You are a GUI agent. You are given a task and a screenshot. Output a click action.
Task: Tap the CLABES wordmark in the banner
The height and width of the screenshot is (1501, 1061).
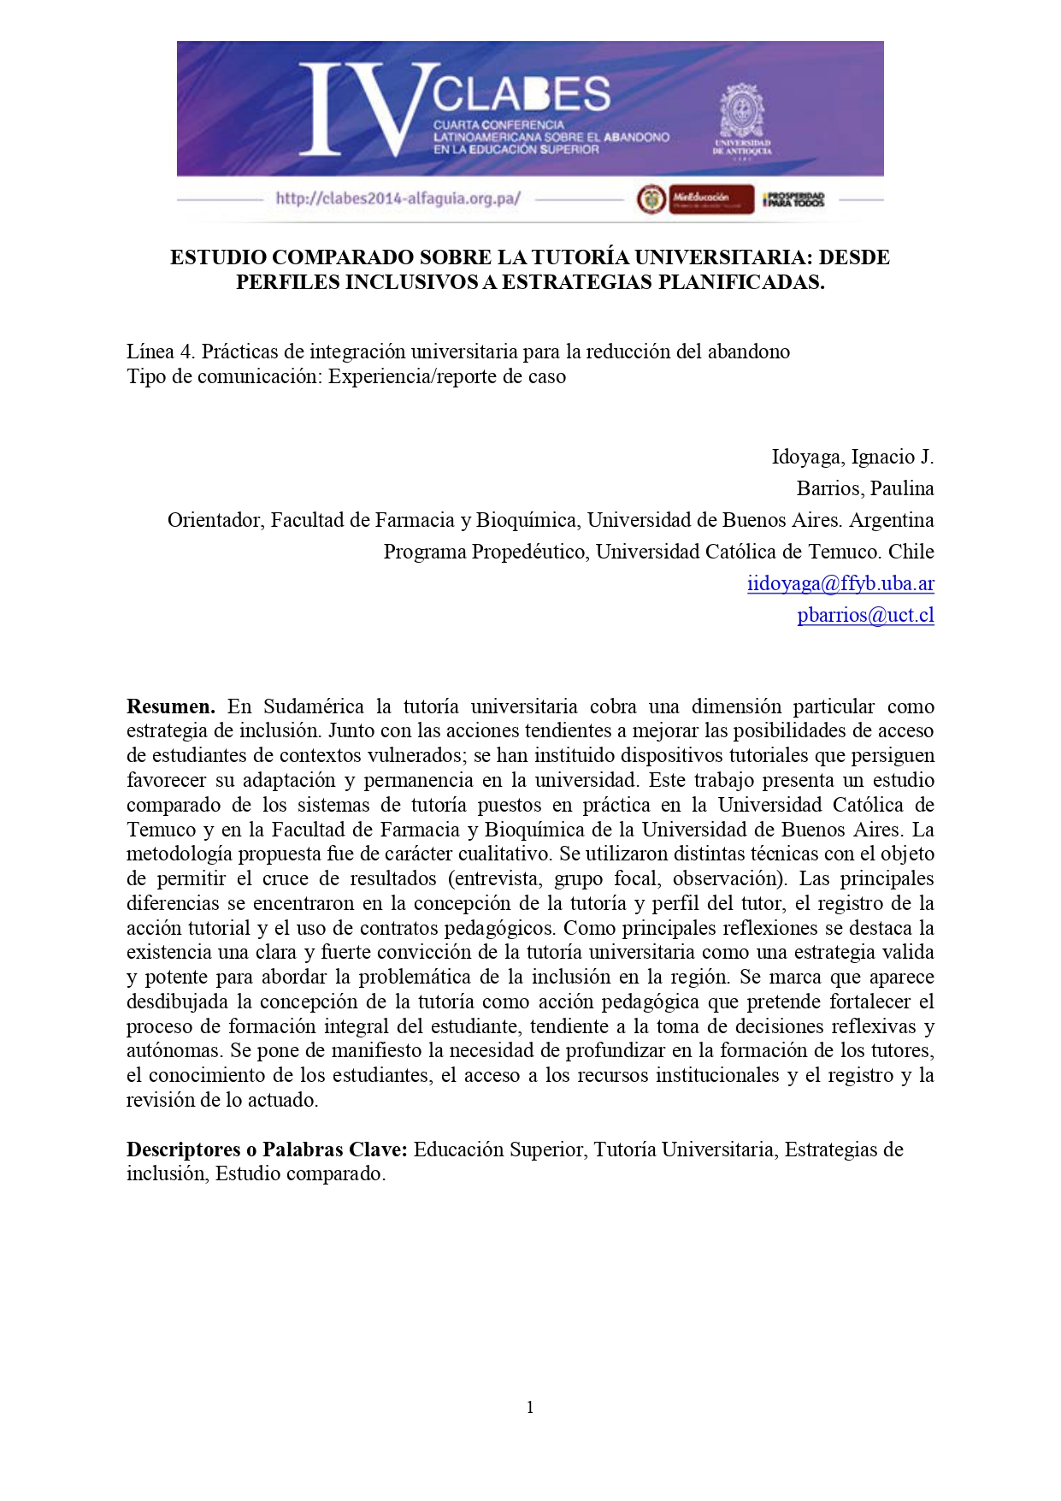[521, 93]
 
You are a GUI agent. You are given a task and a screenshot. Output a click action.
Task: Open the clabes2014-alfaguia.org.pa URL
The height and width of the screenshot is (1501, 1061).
[398, 198]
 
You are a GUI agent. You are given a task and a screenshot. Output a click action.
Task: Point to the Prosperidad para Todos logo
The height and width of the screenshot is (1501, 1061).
[794, 199]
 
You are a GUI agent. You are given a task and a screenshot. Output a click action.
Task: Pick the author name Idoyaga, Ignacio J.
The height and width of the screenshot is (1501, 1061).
[852, 457]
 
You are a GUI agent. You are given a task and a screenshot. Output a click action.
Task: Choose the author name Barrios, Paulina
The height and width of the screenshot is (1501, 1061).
[864, 488]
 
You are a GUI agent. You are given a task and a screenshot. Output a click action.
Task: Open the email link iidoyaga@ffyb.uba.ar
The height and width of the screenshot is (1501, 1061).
[840, 583]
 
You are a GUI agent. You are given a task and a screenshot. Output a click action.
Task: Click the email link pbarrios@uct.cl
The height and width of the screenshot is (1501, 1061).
[865, 615]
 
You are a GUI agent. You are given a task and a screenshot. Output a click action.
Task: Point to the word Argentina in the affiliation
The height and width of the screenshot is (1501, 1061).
[892, 520]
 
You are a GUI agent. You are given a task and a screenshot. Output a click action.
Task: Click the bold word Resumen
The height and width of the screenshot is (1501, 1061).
[170, 706]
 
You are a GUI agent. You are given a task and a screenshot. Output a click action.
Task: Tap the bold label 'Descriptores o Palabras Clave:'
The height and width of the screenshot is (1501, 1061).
[267, 1149]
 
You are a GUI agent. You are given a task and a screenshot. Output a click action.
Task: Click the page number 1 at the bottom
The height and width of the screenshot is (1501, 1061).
[530, 1407]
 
